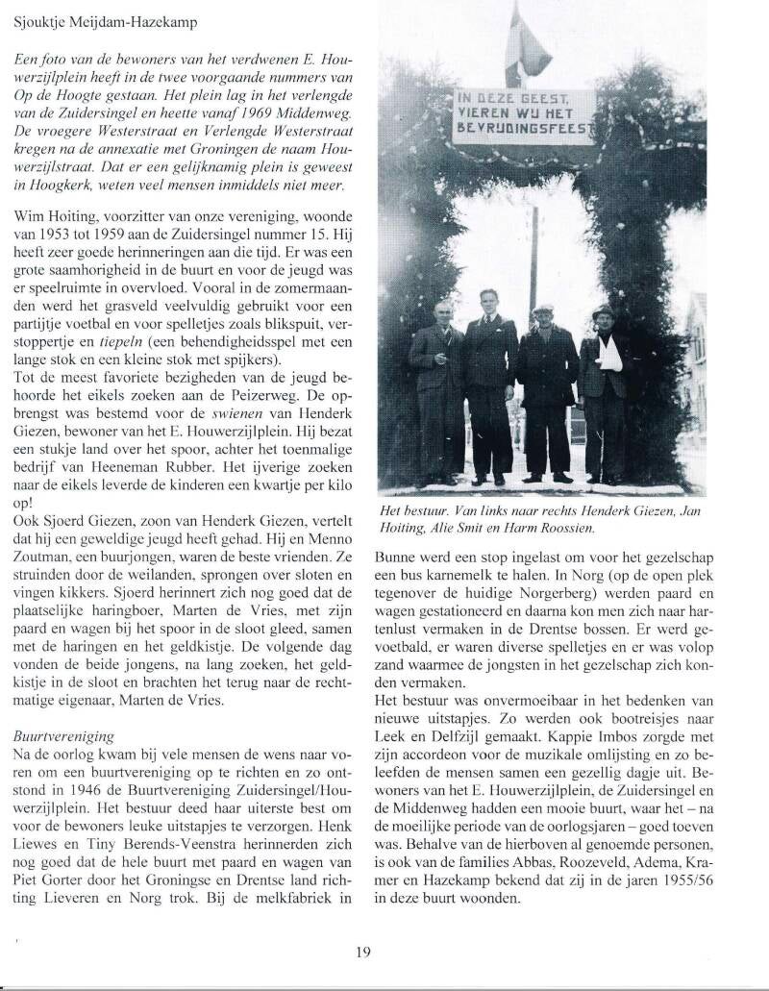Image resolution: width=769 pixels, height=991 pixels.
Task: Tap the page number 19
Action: pos(362,952)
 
